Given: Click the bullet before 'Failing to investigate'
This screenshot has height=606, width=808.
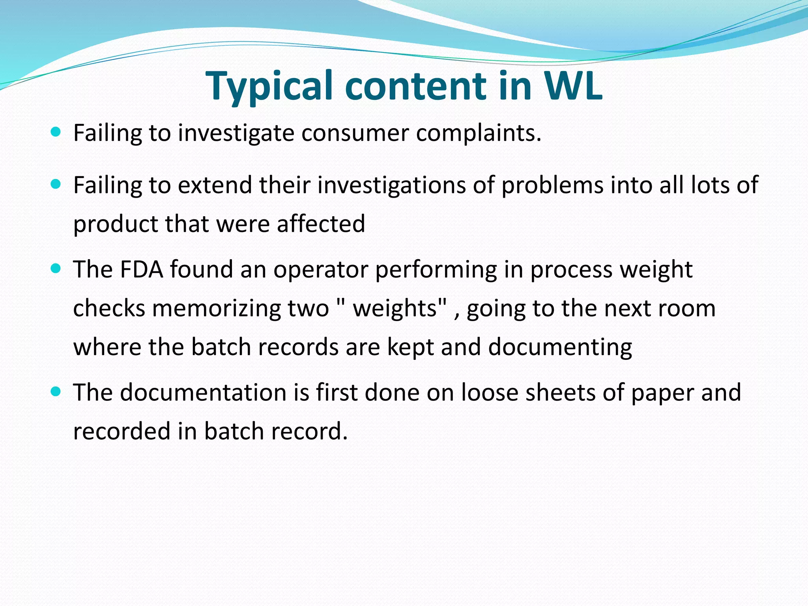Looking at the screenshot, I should [56, 131].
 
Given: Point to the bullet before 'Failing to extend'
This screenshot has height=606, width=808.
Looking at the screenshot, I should [56, 183].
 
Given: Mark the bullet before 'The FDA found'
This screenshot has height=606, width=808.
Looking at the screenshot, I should [56, 268].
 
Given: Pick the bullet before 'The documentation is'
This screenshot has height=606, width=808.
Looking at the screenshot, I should [56, 391].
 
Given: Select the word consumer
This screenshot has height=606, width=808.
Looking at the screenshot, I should [355, 133].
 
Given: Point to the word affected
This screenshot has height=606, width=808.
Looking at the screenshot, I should [321, 224].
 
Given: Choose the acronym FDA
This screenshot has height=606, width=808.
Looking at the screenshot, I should [141, 269].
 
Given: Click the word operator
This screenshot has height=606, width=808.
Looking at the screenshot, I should [320, 269].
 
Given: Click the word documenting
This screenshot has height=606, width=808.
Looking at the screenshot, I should [560, 347].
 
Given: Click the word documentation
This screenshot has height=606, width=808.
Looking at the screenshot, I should [203, 393].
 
